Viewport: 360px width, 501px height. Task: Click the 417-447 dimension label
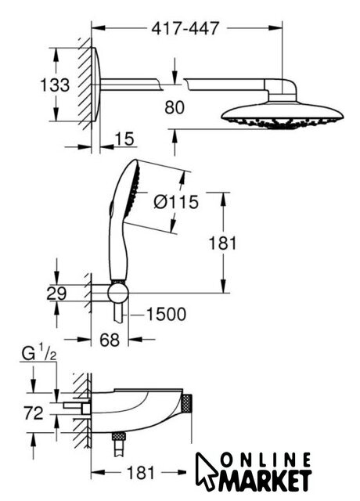coord(185,29)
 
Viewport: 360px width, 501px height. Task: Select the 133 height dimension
coord(55,85)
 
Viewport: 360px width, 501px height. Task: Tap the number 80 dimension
coord(175,107)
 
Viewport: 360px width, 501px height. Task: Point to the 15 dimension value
coord(124,139)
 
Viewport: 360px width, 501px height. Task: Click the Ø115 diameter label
coord(176,202)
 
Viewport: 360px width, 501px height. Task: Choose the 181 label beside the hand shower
coord(222,243)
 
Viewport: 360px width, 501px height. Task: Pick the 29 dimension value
coord(56,294)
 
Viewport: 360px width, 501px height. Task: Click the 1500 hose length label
coord(166,315)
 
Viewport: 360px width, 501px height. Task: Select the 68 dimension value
coord(110,340)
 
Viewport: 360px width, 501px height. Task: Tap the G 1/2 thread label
coord(39,353)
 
